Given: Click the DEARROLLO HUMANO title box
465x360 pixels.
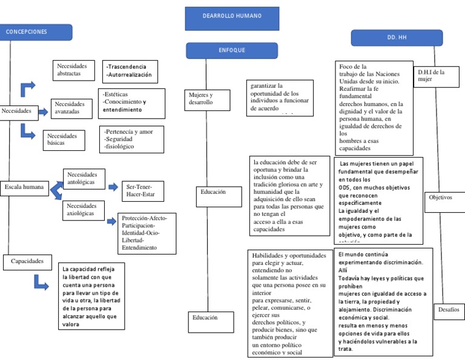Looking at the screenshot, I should tap(232, 18).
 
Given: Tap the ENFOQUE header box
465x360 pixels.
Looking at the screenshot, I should tap(232, 50).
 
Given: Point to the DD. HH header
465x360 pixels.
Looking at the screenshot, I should tap(397, 38).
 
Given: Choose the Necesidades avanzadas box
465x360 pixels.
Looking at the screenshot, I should tap(73, 108).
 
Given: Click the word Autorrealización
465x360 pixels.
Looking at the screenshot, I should tap(128, 75).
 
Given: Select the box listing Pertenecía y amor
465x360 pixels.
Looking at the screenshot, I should tap(130, 139).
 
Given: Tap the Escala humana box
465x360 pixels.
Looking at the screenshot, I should tap(24, 187).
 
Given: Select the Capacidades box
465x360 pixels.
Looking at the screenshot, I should tap(27, 262).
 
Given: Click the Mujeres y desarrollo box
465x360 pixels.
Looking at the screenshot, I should tap(206, 99).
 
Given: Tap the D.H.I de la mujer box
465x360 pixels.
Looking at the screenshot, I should tap(432, 76).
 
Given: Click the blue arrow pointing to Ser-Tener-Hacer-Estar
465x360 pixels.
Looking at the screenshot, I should tap(113, 187).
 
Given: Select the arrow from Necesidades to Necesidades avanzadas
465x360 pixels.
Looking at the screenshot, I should tap(44, 111).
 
